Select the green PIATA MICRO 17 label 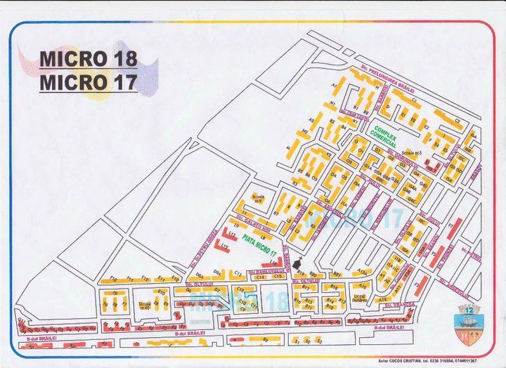pos(257,240)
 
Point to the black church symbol pos(297,261)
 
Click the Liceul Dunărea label pos(361,298)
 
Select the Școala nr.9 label pos(257,199)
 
